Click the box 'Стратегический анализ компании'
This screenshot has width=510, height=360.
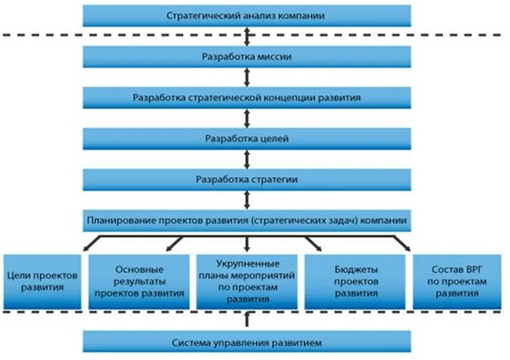pos(247,15)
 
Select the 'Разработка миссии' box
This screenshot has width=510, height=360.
pos(247,57)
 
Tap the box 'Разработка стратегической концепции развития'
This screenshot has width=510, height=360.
pos(247,98)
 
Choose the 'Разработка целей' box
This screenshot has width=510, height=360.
pos(247,139)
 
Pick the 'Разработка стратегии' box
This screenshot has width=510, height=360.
pos(247,180)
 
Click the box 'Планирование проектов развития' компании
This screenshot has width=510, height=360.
pos(247,221)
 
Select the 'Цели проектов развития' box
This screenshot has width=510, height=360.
pos(42,280)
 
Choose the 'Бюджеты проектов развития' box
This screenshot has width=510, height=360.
pos(352,280)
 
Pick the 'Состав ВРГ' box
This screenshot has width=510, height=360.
pos(455,280)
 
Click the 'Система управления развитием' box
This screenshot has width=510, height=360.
pos(247,341)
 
